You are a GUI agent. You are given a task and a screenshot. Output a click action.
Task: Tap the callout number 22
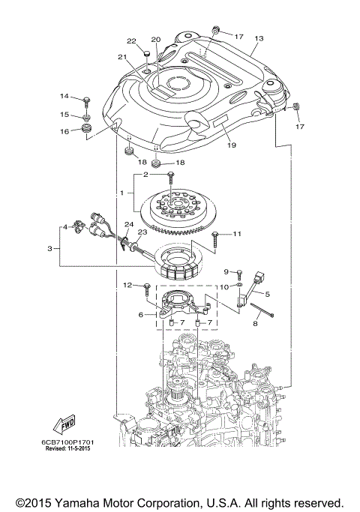(131, 40)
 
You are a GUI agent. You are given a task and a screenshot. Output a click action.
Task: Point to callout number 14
(64, 97)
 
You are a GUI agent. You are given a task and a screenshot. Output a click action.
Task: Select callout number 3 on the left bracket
(50, 247)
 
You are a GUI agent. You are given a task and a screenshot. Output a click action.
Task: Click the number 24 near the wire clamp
(128, 225)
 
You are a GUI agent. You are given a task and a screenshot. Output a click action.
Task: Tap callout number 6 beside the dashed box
(140, 315)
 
